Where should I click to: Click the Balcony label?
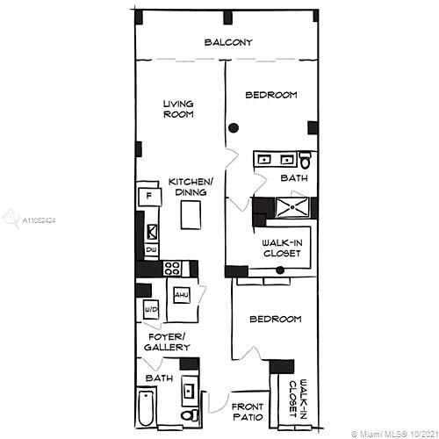[228, 42]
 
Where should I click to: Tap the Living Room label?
[178, 109]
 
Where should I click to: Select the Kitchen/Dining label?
[191, 187]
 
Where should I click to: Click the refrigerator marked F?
[149, 197]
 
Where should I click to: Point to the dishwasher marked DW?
[151, 250]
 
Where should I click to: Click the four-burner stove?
[172, 268]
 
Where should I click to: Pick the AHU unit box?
[182, 295]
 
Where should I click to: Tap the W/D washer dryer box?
[151, 309]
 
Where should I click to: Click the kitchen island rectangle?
[191, 215]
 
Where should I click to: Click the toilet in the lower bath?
[189, 415]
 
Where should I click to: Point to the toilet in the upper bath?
[305, 161]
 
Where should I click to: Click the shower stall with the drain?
[292, 207]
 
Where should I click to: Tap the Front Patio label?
[248, 412]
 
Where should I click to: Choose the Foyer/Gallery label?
[167, 342]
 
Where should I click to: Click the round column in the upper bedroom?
[234, 127]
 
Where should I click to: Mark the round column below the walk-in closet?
[280, 270]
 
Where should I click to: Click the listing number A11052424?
[39, 220]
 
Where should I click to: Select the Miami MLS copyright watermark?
[393, 434]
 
